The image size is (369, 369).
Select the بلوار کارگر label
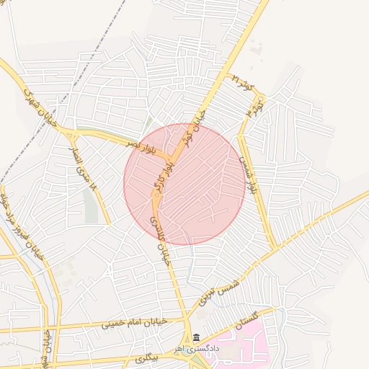tap(162, 177)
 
